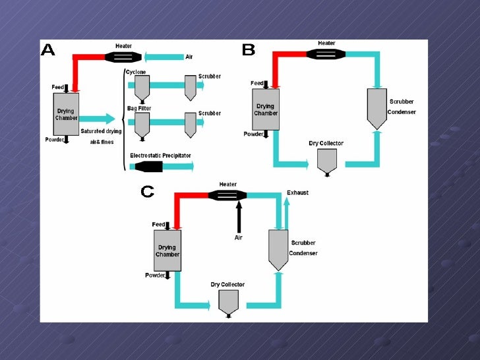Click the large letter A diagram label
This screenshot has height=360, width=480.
[x=48, y=50]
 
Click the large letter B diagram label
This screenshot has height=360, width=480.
[x=249, y=49]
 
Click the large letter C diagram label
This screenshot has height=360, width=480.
[x=147, y=192]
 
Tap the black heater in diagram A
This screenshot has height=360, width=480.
[x=123, y=57]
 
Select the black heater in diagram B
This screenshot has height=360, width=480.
[x=326, y=53]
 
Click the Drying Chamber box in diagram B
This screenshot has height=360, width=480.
[x=266, y=109]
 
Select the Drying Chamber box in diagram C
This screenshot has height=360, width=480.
[x=167, y=251]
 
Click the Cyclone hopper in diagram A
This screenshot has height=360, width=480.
[x=142, y=86]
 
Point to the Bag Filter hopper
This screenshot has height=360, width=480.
[x=142, y=123]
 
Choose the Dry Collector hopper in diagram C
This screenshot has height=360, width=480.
[x=228, y=303]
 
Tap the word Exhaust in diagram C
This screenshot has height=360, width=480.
[x=297, y=193]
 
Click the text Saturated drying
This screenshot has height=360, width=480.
[x=101, y=131]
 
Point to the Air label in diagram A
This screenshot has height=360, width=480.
[x=189, y=57]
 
